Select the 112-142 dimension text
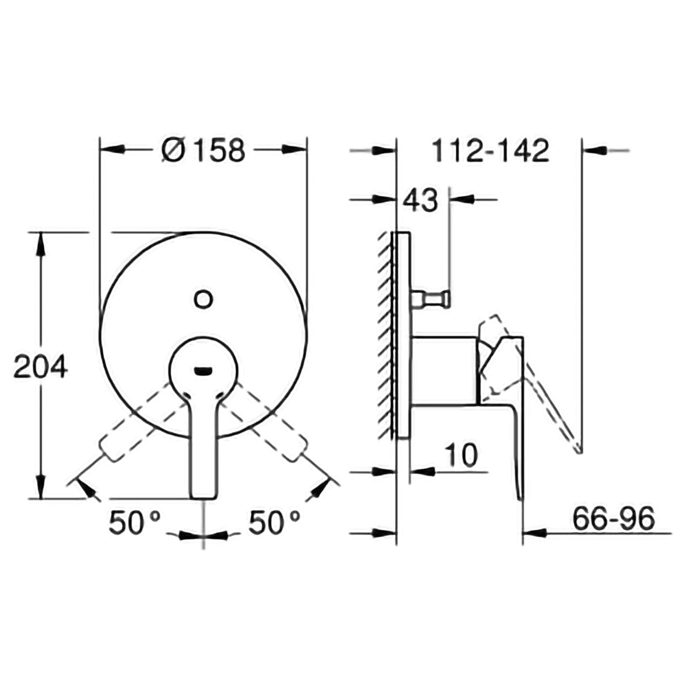coord(490,150)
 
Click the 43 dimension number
coord(420,200)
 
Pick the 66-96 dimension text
coord(613,518)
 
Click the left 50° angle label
coord(134,523)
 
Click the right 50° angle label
coord(274,523)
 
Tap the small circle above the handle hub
coord(203,299)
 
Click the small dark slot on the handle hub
coord(203,370)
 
